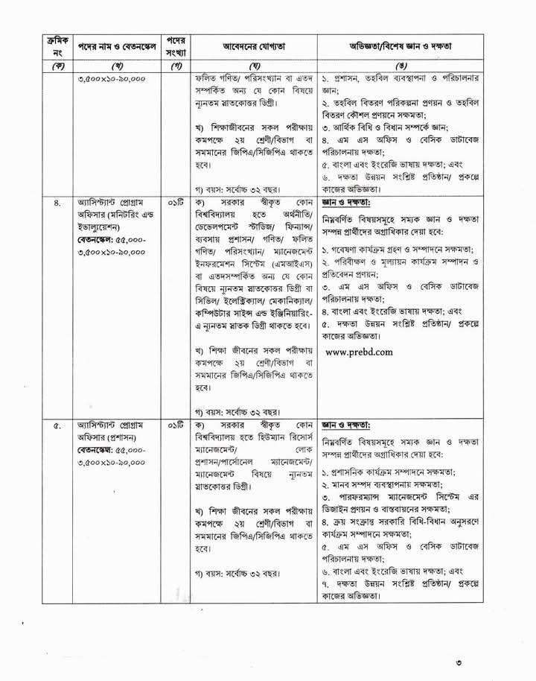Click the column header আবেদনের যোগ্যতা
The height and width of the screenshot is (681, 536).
click(x=255, y=46)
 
